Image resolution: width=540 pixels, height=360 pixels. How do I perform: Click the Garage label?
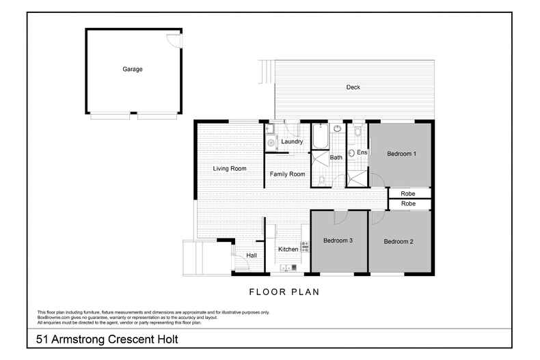[133, 69]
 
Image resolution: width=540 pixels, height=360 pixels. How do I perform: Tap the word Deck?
[353, 87]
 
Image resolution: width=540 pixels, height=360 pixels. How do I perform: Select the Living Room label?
[229, 168]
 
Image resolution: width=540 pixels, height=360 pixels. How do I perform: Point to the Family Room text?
[287, 174]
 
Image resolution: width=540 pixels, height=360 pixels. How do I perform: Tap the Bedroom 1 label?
[401, 154]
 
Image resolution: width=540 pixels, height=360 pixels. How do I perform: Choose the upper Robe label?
[408, 193]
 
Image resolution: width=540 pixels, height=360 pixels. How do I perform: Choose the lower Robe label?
[408, 204]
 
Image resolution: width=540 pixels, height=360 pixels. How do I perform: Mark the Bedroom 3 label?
[338, 240]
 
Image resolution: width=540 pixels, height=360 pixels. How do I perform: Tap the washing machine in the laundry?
[271, 142]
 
